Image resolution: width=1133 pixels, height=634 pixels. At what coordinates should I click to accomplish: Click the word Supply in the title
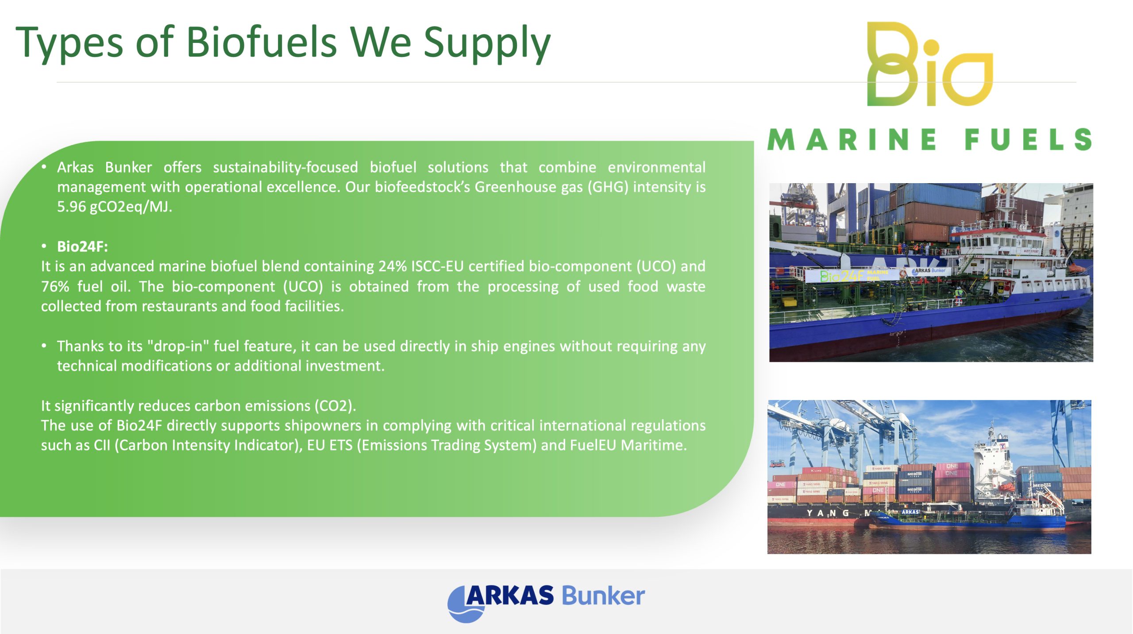(x=487, y=44)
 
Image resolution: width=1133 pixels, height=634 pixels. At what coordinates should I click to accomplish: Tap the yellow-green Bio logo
(x=929, y=64)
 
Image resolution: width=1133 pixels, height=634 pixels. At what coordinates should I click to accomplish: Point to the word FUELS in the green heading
(x=1029, y=140)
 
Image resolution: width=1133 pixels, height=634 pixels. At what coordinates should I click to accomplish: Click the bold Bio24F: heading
(x=82, y=246)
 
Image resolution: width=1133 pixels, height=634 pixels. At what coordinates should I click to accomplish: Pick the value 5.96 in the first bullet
(x=71, y=207)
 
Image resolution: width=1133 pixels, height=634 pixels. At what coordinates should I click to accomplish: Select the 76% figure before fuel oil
(x=55, y=286)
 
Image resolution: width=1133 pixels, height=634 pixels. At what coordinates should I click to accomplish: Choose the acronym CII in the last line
(x=102, y=445)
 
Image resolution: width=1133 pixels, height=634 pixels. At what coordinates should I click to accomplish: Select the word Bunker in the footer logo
(x=603, y=596)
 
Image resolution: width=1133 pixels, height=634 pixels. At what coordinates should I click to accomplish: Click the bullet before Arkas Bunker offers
(x=44, y=167)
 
